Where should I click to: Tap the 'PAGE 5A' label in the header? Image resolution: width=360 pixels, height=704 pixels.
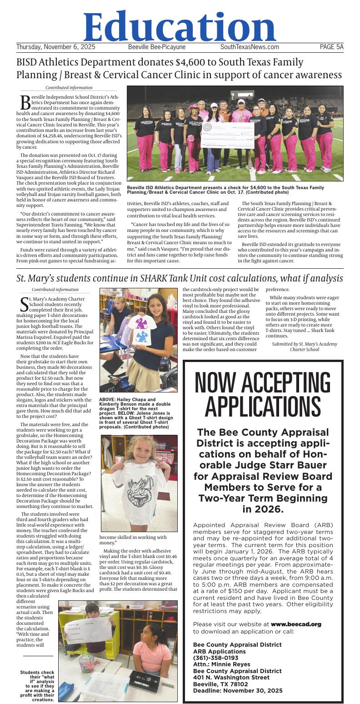(x=331, y=47)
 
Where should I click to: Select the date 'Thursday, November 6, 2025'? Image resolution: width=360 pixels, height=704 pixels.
(x=55, y=47)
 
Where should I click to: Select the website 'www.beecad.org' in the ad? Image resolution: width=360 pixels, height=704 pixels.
(x=296, y=624)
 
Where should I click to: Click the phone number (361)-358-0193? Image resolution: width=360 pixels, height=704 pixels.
(x=215, y=658)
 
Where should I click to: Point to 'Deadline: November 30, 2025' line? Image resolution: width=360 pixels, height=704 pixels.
(x=237, y=690)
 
